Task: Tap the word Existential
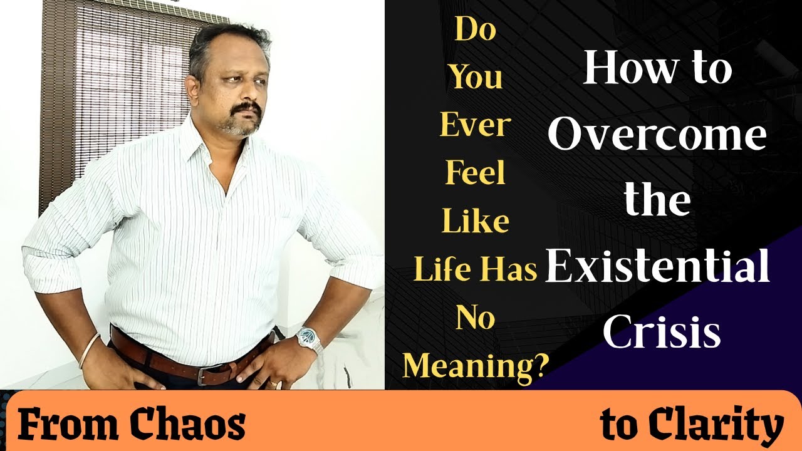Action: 657,266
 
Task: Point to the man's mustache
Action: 246,110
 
